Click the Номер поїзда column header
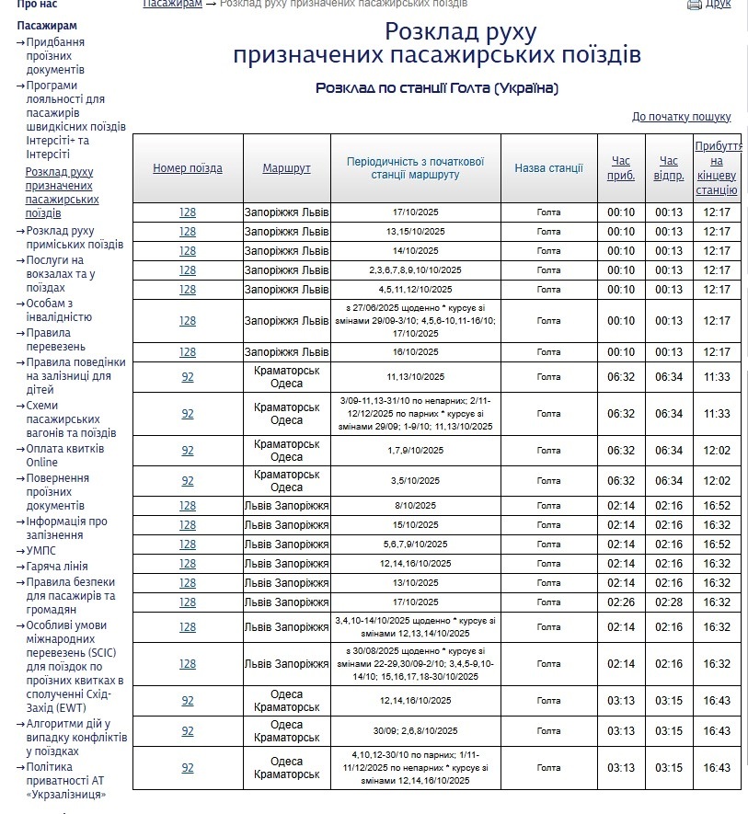pyautogui.click(x=188, y=168)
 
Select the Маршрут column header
pyautogui.click(x=286, y=168)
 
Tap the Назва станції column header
pyautogui.click(x=548, y=168)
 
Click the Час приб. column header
pyautogui.click(x=621, y=168)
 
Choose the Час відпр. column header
pyautogui.click(x=669, y=168)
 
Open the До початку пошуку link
pyautogui.click(x=681, y=117)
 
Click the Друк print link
pyautogui.click(x=718, y=5)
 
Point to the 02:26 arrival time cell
pyautogui.click(x=621, y=602)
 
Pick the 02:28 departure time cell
pyautogui.click(x=669, y=602)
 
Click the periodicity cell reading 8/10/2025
pyautogui.click(x=415, y=506)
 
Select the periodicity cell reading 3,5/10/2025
pyautogui.click(x=415, y=481)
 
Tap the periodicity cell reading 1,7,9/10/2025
pyautogui.click(x=415, y=451)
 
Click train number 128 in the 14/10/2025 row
pyautogui.click(x=188, y=251)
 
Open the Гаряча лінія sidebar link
pyautogui.click(x=57, y=567)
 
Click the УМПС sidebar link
pyautogui.click(x=41, y=551)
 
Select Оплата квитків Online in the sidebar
pyautogui.click(x=64, y=455)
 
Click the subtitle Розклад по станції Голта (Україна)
pyautogui.click(x=437, y=88)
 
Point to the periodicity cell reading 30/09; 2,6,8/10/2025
pyautogui.click(x=415, y=731)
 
